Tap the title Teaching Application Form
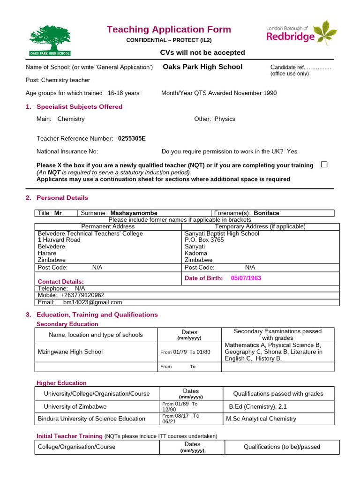[x=169, y=30]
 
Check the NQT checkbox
[x=324, y=165]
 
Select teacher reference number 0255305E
[x=132, y=138]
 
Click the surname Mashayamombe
[x=134, y=213]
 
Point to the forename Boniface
[x=266, y=213]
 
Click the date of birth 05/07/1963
[x=246, y=278]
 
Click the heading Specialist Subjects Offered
[x=79, y=106]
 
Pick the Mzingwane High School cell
[x=70, y=352]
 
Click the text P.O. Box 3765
[x=204, y=240]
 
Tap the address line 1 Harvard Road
[x=59, y=240]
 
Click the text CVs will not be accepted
[x=202, y=52]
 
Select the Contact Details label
[x=60, y=281]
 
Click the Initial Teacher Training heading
[x=69, y=436]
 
